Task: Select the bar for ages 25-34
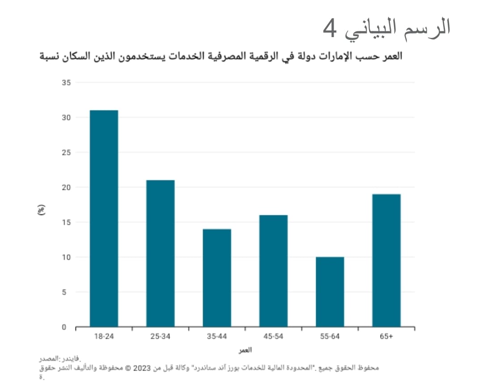pos(160,253)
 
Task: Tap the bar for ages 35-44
pos(217,278)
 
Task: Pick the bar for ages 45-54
pos(273,270)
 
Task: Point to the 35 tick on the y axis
pos(67,83)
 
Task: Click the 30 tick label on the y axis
pos(67,118)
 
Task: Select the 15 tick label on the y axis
pos(67,222)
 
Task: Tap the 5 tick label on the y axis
pos(64,292)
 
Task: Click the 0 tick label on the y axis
pos(64,327)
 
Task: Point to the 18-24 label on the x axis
pos(104,337)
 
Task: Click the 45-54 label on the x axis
pos(273,337)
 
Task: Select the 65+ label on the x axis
pos(386,337)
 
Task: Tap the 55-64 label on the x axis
pos(330,337)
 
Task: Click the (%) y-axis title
pos(41,210)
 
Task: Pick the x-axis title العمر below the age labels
pos(245,349)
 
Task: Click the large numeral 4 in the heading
pos(330,29)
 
